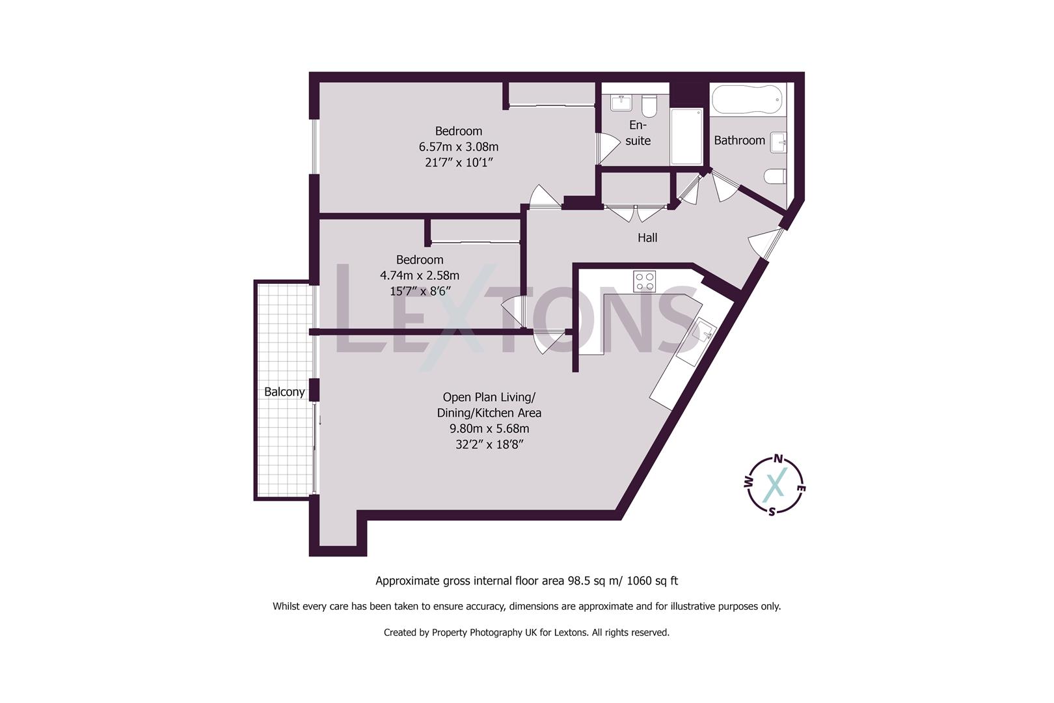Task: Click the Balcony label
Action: point(284,392)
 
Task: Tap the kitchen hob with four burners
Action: point(645,281)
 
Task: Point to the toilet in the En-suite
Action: point(649,105)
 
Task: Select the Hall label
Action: point(647,238)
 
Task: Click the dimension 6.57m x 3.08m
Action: point(459,147)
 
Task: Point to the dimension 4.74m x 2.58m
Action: point(420,275)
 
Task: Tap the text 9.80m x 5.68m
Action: point(489,429)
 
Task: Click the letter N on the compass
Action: point(777,458)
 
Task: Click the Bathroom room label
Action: point(739,141)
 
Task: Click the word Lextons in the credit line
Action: point(571,632)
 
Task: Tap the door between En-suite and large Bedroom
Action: point(608,148)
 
